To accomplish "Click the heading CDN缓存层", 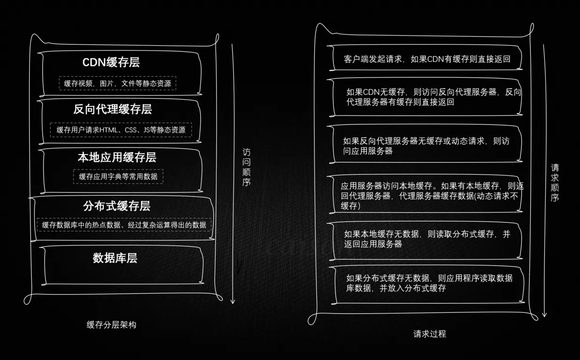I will click(111, 62).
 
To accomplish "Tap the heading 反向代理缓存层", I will click(113, 110).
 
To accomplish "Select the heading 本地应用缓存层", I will click(117, 157).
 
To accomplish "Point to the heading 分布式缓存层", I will click(116, 206).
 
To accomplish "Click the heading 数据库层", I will click(115, 258).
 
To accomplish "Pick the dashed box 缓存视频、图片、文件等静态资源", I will click(117, 83).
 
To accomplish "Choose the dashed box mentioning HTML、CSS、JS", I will click(121, 130).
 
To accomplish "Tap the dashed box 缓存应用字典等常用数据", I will click(118, 176).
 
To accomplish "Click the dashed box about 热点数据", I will click(124, 225).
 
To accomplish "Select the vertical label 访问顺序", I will click(246, 167).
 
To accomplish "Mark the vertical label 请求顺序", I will click(555, 183).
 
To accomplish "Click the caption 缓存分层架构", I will click(111, 324).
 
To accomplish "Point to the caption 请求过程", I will click(429, 334).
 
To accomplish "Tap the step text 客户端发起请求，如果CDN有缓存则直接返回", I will click(427, 59).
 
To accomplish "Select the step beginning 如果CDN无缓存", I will click(433, 97).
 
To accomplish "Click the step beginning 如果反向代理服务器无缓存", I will click(426, 146).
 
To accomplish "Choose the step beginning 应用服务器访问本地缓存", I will click(432, 196).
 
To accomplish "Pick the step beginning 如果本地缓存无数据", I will click(427, 239).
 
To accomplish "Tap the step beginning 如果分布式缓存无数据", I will click(429, 283).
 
